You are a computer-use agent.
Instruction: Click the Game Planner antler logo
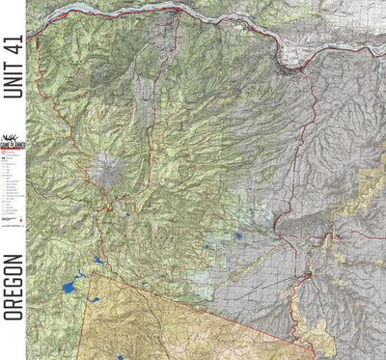click(12, 142)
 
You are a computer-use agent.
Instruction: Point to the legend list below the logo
click(12, 193)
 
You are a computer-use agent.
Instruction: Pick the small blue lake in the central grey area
click(237, 235)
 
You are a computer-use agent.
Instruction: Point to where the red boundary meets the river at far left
click(29, 36)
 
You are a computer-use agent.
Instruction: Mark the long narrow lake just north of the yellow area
click(98, 260)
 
